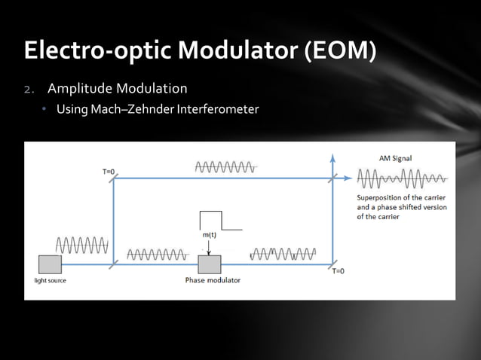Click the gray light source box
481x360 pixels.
pyautogui.click(x=50, y=264)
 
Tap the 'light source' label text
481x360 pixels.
pyautogui.click(x=50, y=281)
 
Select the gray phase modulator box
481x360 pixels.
pyautogui.click(x=209, y=264)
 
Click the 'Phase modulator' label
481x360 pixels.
pyautogui.click(x=213, y=281)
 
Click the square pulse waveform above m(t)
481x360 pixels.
pyautogui.click(x=219, y=220)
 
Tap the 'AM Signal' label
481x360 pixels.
pyautogui.click(x=395, y=158)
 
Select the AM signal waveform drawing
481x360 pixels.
pyautogui.click(x=402, y=180)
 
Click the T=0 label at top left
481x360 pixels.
pyautogui.click(x=109, y=171)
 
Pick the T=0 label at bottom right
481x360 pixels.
pyautogui.click(x=338, y=272)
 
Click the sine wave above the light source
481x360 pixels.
pyautogui.click(x=81, y=245)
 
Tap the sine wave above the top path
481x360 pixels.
pyautogui.click(x=225, y=166)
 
